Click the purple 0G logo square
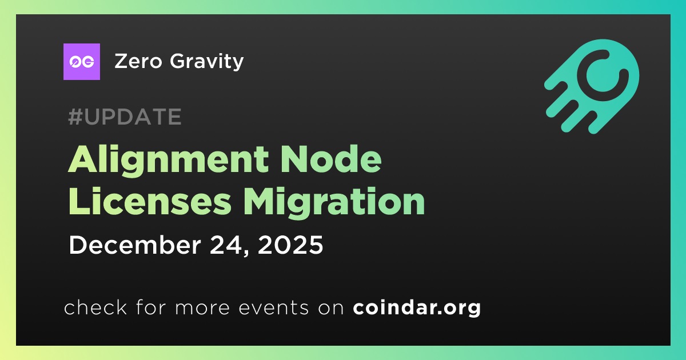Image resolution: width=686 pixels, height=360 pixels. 81,62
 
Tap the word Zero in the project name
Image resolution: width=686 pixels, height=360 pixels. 138,61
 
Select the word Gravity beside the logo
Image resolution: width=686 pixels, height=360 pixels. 207,62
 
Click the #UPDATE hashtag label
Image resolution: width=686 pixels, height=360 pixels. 125,117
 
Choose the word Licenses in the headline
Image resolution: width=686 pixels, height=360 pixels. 150,201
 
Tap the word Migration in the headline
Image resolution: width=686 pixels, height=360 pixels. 334,203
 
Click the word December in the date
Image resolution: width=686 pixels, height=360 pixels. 135,245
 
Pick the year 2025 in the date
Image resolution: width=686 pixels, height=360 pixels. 290,245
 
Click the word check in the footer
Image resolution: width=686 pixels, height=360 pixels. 95,307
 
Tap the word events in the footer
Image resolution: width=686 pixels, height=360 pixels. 273,307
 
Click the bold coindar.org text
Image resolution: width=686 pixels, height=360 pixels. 417,307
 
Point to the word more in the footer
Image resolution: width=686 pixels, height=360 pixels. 202,308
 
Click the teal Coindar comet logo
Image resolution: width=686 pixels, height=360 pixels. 592,86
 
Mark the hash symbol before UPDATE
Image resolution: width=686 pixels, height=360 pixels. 75,117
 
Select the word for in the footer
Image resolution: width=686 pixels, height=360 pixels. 151,307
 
